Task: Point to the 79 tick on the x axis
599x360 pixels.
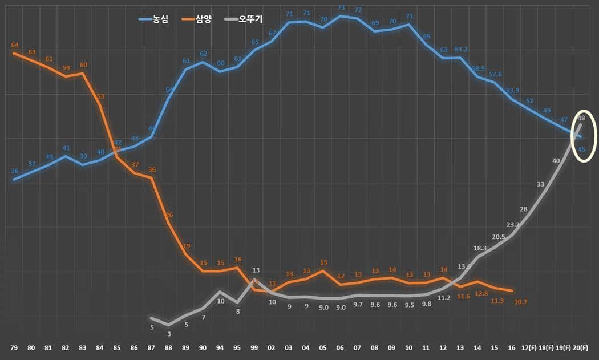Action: pyautogui.click(x=14, y=348)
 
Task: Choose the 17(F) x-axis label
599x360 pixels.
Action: pyautogui.click(x=529, y=348)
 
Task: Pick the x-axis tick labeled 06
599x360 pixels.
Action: pyautogui.click(x=340, y=348)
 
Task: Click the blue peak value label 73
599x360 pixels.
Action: pyautogui.click(x=341, y=8)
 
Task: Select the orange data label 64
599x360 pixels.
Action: pyautogui.click(x=15, y=45)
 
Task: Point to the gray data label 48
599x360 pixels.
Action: pyautogui.click(x=581, y=118)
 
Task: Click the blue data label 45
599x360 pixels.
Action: pyautogui.click(x=582, y=149)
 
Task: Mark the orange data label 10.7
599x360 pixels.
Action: pyautogui.click(x=521, y=302)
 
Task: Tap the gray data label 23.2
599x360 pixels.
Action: pyautogui.click(x=513, y=224)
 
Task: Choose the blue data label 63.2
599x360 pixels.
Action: pyautogui.click(x=462, y=49)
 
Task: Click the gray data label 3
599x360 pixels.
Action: pyautogui.click(x=169, y=334)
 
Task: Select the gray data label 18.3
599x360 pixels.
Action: pyautogui.click(x=480, y=248)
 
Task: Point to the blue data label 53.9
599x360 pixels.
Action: pyautogui.click(x=512, y=90)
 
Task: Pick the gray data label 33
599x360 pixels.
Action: pyautogui.click(x=541, y=184)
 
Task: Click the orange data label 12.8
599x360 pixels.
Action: pyautogui.click(x=481, y=293)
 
